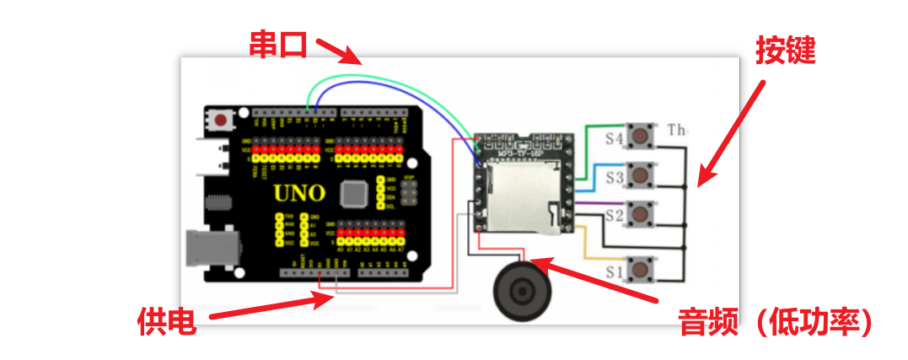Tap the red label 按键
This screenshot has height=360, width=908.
pyautogui.click(x=785, y=51)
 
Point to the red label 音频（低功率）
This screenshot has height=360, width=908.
pyautogui.click(x=775, y=321)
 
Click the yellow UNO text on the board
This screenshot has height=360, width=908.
pyautogui.click(x=299, y=193)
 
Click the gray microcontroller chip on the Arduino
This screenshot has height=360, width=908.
pyautogui.click(x=354, y=195)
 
